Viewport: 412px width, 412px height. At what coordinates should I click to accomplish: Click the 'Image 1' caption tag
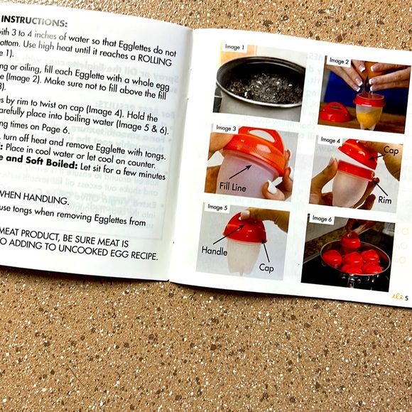click(x=234, y=48)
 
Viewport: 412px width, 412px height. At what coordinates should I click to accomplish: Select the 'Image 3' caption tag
click(x=226, y=129)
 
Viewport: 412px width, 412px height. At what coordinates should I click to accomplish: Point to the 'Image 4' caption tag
click(x=331, y=140)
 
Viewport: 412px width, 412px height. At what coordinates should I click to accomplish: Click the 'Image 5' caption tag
click(x=217, y=207)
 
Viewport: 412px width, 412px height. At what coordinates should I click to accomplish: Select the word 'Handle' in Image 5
click(x=215, y=251)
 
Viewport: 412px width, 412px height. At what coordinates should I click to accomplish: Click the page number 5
click(x=406, y=297)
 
